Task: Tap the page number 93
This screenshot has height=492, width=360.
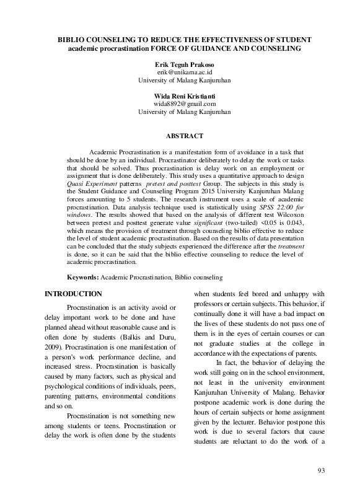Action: click(x=321, y=472)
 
